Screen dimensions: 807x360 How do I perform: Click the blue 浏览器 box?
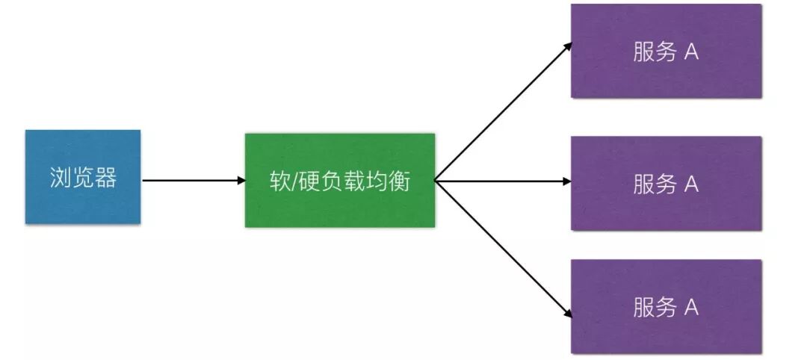click(x=83, y=177)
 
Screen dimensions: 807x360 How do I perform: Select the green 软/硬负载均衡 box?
click(x=339, y=180)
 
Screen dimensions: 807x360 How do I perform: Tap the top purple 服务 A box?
click(x=666, y=52)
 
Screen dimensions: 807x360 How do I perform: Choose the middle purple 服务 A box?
click(x=666, y=183)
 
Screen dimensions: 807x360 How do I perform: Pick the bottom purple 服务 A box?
click(x=666, y=306)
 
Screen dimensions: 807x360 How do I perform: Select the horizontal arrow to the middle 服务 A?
click(x=502, y=181)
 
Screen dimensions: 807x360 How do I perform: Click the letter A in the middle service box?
click(x=691, y=184)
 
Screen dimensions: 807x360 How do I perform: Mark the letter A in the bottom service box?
click(x=691, y=308)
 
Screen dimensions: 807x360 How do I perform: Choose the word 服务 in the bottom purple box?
click(x=655, y=308)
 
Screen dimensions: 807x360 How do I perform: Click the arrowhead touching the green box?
click(x=241, y=180)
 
